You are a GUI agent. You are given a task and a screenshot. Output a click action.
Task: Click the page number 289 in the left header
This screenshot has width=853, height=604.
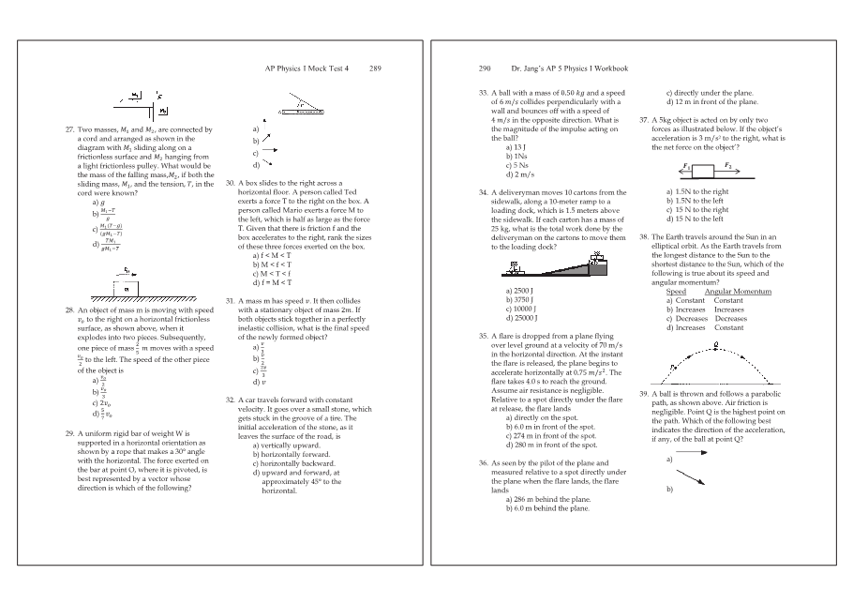pyautogui.click(x=376, y=68)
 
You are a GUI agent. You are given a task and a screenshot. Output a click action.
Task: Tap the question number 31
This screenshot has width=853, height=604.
pyautogui.click(x=231, y=301)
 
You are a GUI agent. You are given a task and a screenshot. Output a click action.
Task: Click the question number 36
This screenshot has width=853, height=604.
pyautogui.click(x=484, y=463)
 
